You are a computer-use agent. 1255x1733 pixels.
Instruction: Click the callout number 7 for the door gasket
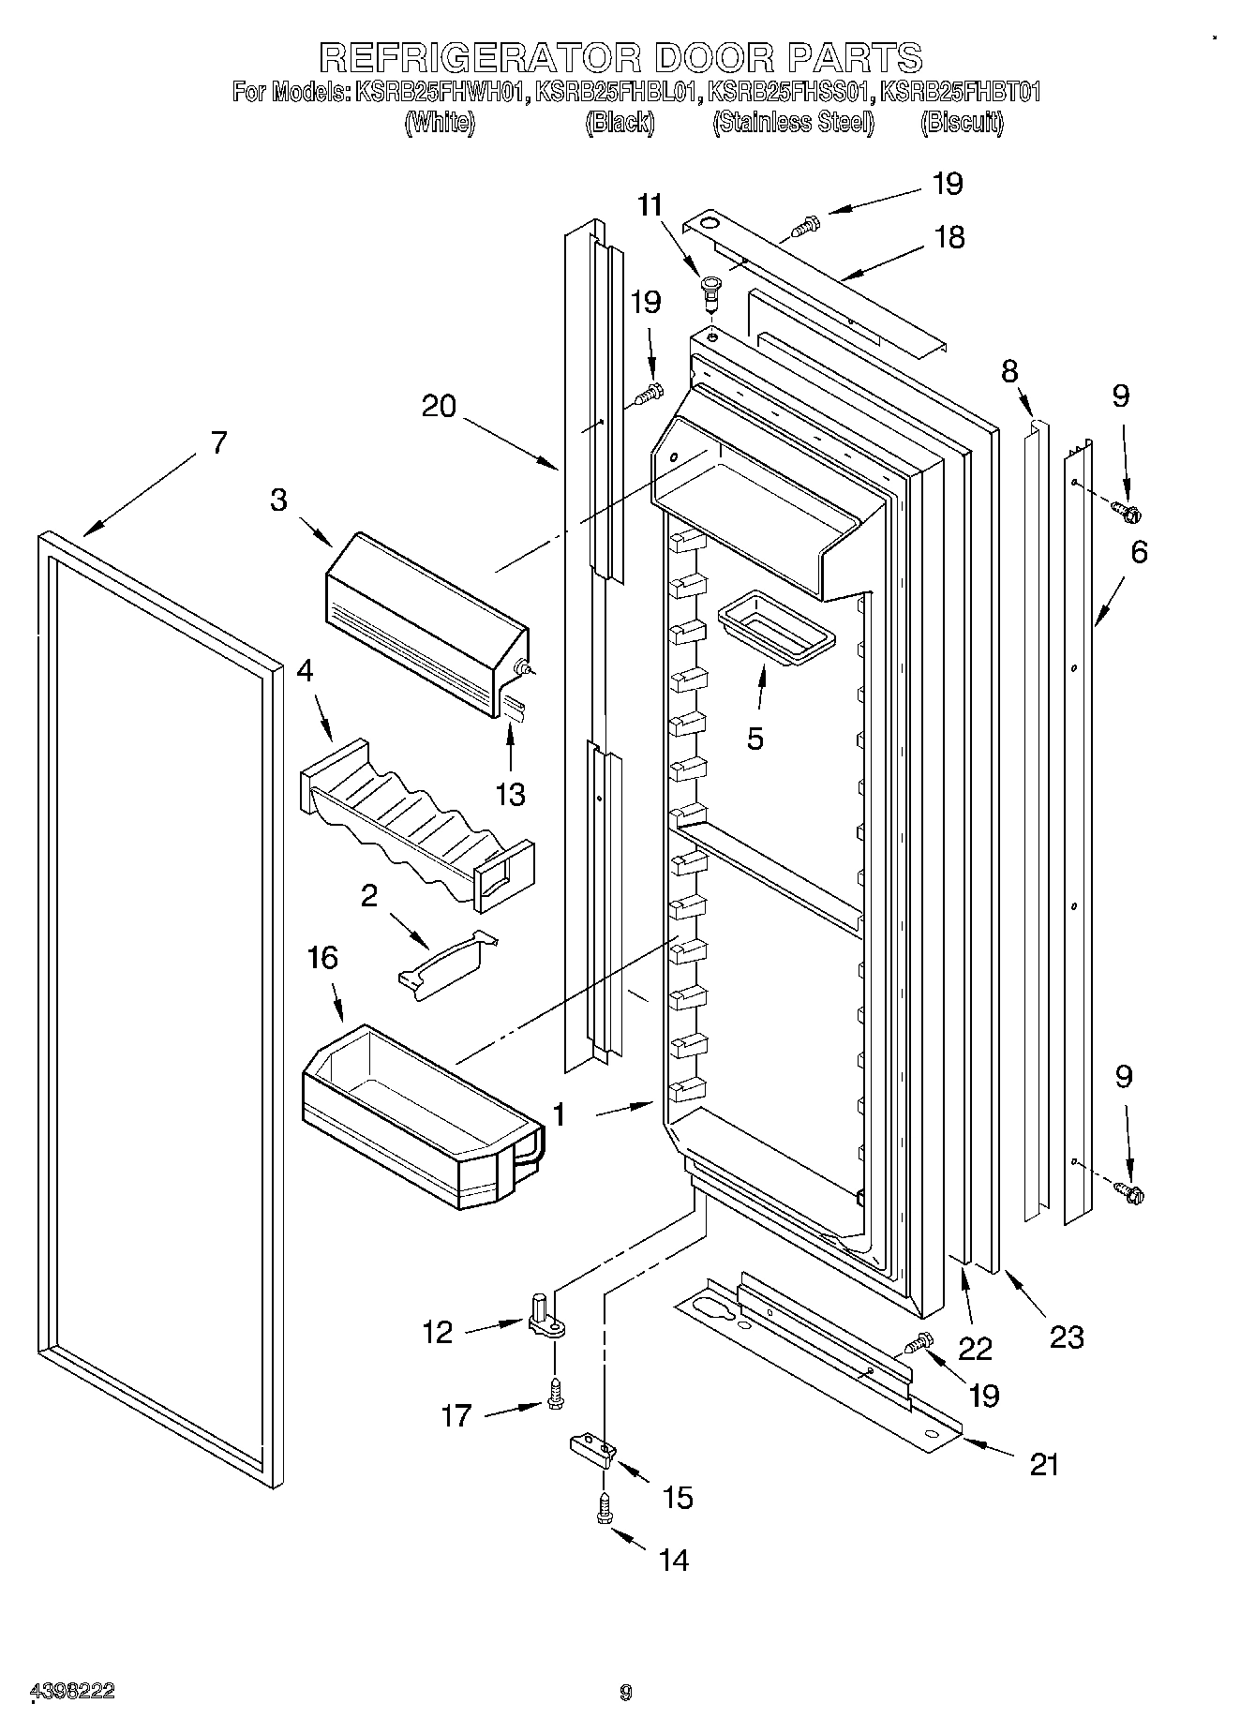point(217,441)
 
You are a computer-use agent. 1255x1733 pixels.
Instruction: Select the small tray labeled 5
point(775,628)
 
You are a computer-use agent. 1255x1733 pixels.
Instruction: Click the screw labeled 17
point(555,1391)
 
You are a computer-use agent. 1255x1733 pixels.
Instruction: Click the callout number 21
point(1043,1464)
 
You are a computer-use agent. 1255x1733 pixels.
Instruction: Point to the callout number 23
point(1067,1336)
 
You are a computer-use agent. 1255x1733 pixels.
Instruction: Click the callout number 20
point(439,406)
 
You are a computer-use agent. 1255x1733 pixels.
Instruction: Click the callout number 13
point(510,794)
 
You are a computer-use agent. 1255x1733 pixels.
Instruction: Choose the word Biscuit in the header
point(962,123)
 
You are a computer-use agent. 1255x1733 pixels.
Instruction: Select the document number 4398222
point(73,1691)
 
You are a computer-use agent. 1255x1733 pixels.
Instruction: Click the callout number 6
point(1138,552)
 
